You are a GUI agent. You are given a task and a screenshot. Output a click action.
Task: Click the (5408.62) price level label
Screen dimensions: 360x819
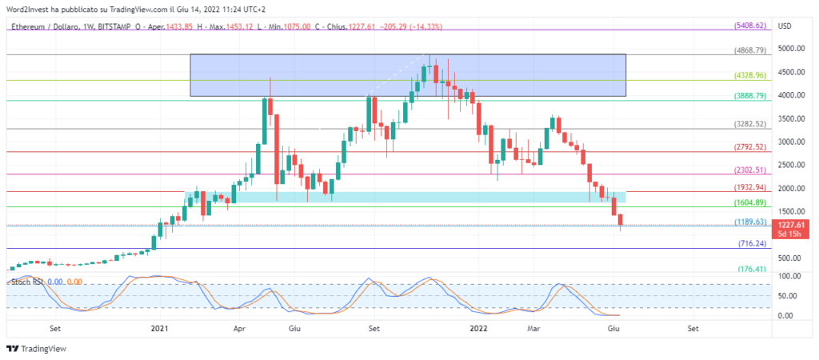coord(750,26)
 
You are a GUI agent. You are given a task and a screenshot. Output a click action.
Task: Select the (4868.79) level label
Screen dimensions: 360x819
coord(750,50)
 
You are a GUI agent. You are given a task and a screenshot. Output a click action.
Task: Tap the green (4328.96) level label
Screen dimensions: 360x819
coord(750,75)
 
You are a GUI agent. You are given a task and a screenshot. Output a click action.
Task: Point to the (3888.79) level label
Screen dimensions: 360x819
coord(750,95)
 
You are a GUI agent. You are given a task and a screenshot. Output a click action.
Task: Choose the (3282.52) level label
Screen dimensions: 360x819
coord(750,124)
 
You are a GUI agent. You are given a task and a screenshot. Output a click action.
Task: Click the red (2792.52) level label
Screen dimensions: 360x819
coord(750,147)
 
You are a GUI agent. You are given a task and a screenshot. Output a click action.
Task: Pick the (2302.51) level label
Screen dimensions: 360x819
coord(750,170)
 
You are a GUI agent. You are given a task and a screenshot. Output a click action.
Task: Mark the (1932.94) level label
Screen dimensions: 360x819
coord(750,187)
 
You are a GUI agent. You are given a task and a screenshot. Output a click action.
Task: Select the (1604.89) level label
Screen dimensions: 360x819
coord(750,203)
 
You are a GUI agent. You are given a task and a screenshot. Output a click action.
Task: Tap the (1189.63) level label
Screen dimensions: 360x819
coord(750,222)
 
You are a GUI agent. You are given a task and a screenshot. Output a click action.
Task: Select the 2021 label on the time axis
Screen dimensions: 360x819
coord(160,328)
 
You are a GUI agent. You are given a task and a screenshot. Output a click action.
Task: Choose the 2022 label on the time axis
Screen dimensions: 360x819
coord(478,328)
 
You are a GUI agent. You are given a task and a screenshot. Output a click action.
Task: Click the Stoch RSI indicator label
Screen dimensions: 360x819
coord(26,282)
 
